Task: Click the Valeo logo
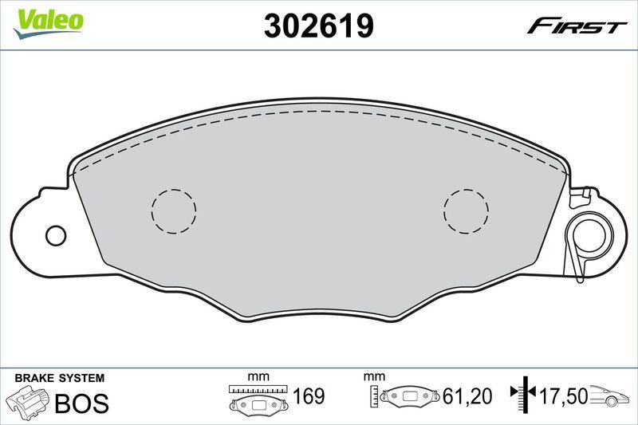click(x=49, y=20)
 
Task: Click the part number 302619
click(x=318, y=26)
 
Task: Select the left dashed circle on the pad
click(x=174, y=211)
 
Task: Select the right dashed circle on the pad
click(x=466, y=211)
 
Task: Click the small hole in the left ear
click(x=56, y=236)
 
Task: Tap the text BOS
click(x=81, y=403)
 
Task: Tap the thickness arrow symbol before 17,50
click(x=525, y=395)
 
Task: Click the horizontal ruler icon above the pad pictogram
click(x=256, y=388)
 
